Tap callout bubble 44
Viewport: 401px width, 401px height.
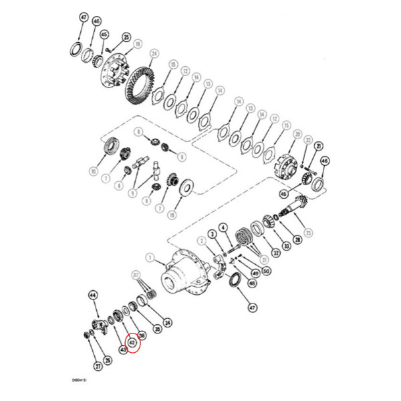(x=94, y=295)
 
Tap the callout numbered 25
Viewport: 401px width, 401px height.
(x=126, y=37)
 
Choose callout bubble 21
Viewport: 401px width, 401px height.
(x=319, y=146)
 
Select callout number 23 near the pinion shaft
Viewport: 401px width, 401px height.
(x=308, y=233)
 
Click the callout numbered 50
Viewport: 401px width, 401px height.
(x=265, y=271)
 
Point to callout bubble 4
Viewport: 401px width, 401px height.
(x=223, y=227)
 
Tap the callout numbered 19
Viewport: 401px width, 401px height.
(x=138, y=44)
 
